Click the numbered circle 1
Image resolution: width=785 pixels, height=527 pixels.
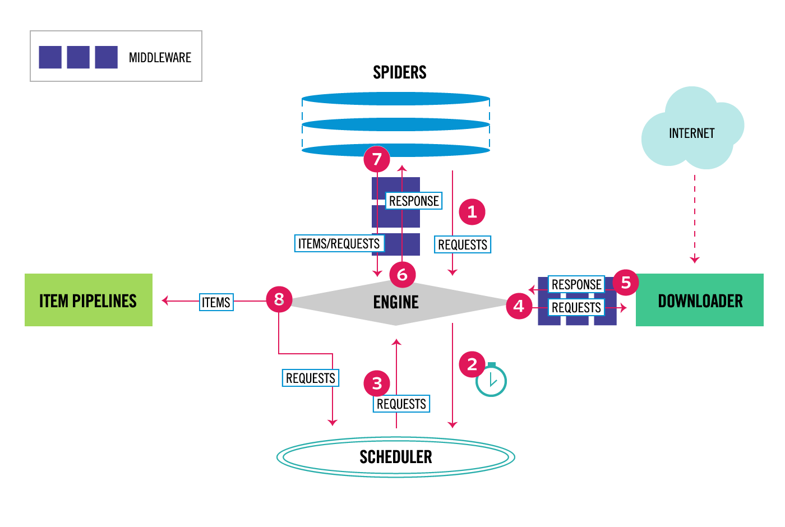click(472, 212)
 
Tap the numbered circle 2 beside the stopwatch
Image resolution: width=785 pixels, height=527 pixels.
click(472, 364)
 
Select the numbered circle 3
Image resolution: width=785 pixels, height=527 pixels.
click(377, 383)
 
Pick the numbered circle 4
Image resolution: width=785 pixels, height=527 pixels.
click(519, 306)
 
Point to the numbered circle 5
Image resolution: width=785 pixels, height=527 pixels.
click(626, 283)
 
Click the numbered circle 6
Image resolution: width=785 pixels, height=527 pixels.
click(402, 275)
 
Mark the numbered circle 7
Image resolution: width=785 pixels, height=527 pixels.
click(377, 159)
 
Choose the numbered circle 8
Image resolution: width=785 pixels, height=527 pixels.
click(279, 299)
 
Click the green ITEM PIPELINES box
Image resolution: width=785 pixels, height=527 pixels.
click(89, 300)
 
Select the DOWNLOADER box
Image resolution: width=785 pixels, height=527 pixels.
click(700, 300)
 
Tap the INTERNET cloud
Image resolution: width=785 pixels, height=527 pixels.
click(691, 133)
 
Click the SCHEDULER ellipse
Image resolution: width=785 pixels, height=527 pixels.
click(396, 457)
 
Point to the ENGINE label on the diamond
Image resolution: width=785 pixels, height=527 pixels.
click(396, 302)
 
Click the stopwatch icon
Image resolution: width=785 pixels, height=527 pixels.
click(491, 381)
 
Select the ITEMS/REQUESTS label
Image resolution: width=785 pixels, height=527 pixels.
click(339, 243)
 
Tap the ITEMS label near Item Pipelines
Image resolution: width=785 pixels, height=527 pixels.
click(216, 302)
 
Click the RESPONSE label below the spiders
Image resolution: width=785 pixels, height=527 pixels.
click(414, 201)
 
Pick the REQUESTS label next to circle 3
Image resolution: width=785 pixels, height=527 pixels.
click(401, 404)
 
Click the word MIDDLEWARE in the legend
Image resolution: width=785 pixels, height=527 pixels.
click(160, 58)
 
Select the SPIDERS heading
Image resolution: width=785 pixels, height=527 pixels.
click(399, 72)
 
